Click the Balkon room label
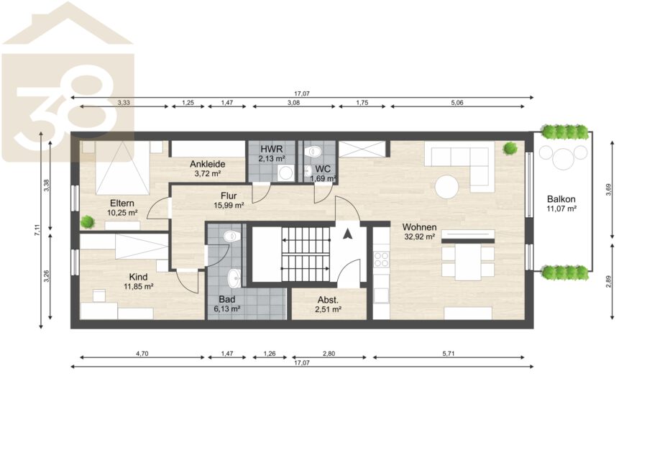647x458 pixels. pyautogui.click(x=561, y=199)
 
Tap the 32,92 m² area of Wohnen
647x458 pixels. pyautogui.click(x=420, y=237)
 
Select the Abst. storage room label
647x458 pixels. pyautogui.click(x=328, y=301)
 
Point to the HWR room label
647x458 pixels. pyautogui.click(x=272, y=150)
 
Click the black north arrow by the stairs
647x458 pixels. pyautogui.click(x=348, y=234)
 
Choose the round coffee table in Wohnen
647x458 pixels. pyautogui.click(x=446, y=187)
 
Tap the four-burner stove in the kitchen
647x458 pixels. pyautogui.click(x=381, y=259)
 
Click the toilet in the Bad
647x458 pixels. pyautogui.click(x=231, y=237)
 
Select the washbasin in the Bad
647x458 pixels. pyautogui.click(x=234, y=278)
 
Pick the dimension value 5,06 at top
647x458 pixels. pyautogui.click(x=457, y=103)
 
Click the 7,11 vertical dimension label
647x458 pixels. pyautogui.click(x=37, y=230)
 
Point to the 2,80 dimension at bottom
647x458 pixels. pyautogui.click(x=329, y=354)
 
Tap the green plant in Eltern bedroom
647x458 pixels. pyautogui.click(x=88, y=222)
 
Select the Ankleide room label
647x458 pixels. pyautogui.click(x=208, y=164)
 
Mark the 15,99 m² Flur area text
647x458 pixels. pyautogui.click(x=229, y=205)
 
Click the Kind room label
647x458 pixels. pyautogui.click(x=138, y=277)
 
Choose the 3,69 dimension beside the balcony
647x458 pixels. pyautogui.click(x=608, y=189)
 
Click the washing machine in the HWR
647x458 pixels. pyautogui.click(x=285, y=173)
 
